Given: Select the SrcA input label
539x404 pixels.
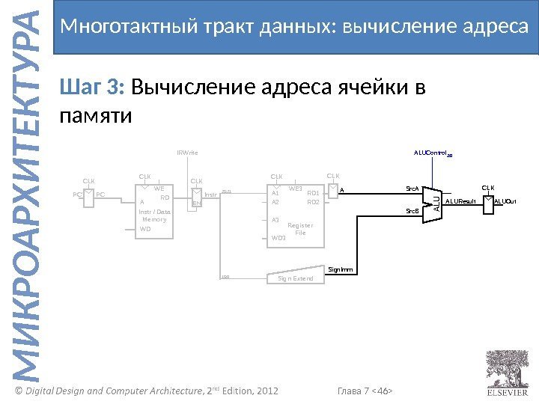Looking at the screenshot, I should click(412, 190).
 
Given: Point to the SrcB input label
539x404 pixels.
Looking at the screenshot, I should click(412, 212).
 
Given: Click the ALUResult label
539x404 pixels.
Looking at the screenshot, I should click(461, 202).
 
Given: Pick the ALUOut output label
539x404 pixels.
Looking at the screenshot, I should click(506, 202).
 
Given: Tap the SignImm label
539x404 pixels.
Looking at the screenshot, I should click(341, 269).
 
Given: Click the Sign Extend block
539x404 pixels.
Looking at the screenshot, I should click(296, 278).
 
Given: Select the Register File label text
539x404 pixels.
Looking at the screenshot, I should click(300, 229).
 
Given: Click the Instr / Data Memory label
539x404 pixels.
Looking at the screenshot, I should click(154, 215).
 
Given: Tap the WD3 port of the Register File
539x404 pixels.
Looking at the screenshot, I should click(278, 238).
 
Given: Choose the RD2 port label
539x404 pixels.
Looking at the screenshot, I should click(313, 202).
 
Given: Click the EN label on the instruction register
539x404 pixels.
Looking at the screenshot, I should click(195, 203).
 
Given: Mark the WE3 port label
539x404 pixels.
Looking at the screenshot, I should click(295, 189).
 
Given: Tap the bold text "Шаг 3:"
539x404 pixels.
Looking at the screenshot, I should click(94, 89).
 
